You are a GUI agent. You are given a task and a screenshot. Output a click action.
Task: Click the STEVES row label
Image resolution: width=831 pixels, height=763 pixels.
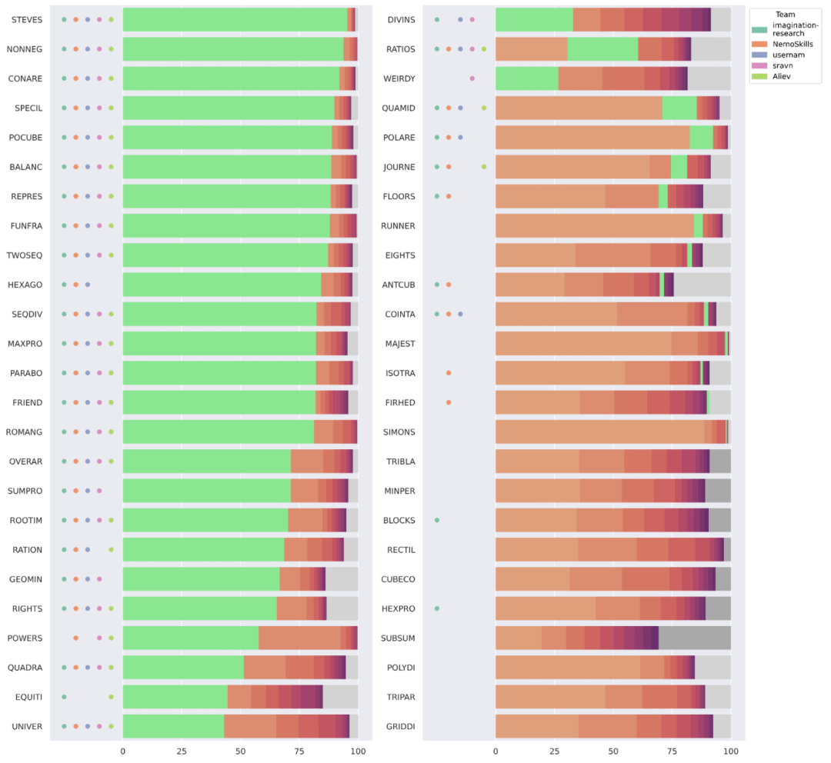click(27, 19)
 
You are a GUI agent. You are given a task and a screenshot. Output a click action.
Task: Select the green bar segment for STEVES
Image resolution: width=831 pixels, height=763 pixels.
click(235, 19)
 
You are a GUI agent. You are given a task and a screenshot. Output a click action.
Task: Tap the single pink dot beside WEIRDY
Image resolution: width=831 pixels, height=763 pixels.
click(472, 78)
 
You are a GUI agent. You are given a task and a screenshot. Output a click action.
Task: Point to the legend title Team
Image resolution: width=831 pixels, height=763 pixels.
click(786, 14)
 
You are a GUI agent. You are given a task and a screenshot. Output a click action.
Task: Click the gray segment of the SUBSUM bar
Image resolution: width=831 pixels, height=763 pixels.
click(695, 638)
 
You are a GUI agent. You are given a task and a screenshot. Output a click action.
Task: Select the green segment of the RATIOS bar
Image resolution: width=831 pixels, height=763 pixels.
click(602, 49)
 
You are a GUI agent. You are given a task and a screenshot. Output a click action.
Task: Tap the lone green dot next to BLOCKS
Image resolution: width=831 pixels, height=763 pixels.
click(437, 520)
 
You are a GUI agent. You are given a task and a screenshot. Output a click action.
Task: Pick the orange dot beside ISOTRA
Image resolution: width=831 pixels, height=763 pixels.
click(449, 373)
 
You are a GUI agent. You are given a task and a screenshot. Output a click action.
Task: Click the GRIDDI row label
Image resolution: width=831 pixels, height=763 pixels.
click(399, 726)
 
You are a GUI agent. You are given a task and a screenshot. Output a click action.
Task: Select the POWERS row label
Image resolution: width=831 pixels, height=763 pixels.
click(25, 638)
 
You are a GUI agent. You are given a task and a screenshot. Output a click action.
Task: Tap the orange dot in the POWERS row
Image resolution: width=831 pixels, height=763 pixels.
click(75, 638)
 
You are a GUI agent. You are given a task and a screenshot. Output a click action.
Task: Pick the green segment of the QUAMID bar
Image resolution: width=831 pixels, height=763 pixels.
click(679, 108)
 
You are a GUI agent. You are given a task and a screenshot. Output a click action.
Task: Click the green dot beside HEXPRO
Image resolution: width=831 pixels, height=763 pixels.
click(437, 608)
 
